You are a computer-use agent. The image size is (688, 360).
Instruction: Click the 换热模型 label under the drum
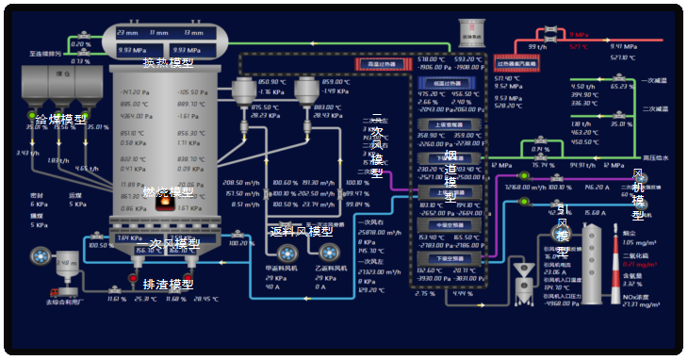tap(168, 63)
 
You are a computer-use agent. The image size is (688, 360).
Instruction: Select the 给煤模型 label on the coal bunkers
tap(60, 120)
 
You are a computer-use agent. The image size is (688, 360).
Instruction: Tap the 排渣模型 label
tap(168, 284)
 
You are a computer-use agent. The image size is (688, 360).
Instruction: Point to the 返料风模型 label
tap(301, 231)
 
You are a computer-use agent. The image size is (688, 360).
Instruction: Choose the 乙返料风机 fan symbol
tap(328, 252)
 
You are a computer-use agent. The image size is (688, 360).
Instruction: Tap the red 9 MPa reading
tap(579, 36)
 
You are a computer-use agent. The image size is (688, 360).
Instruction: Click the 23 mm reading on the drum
tap(126, 33)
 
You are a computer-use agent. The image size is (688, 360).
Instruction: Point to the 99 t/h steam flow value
tap(537, 46)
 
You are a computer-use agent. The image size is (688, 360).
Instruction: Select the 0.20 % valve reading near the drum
tap(81, 43)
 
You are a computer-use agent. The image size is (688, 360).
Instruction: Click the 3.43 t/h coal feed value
tap(25, 153)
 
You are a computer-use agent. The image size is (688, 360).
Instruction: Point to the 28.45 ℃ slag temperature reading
tap(205, 299)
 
